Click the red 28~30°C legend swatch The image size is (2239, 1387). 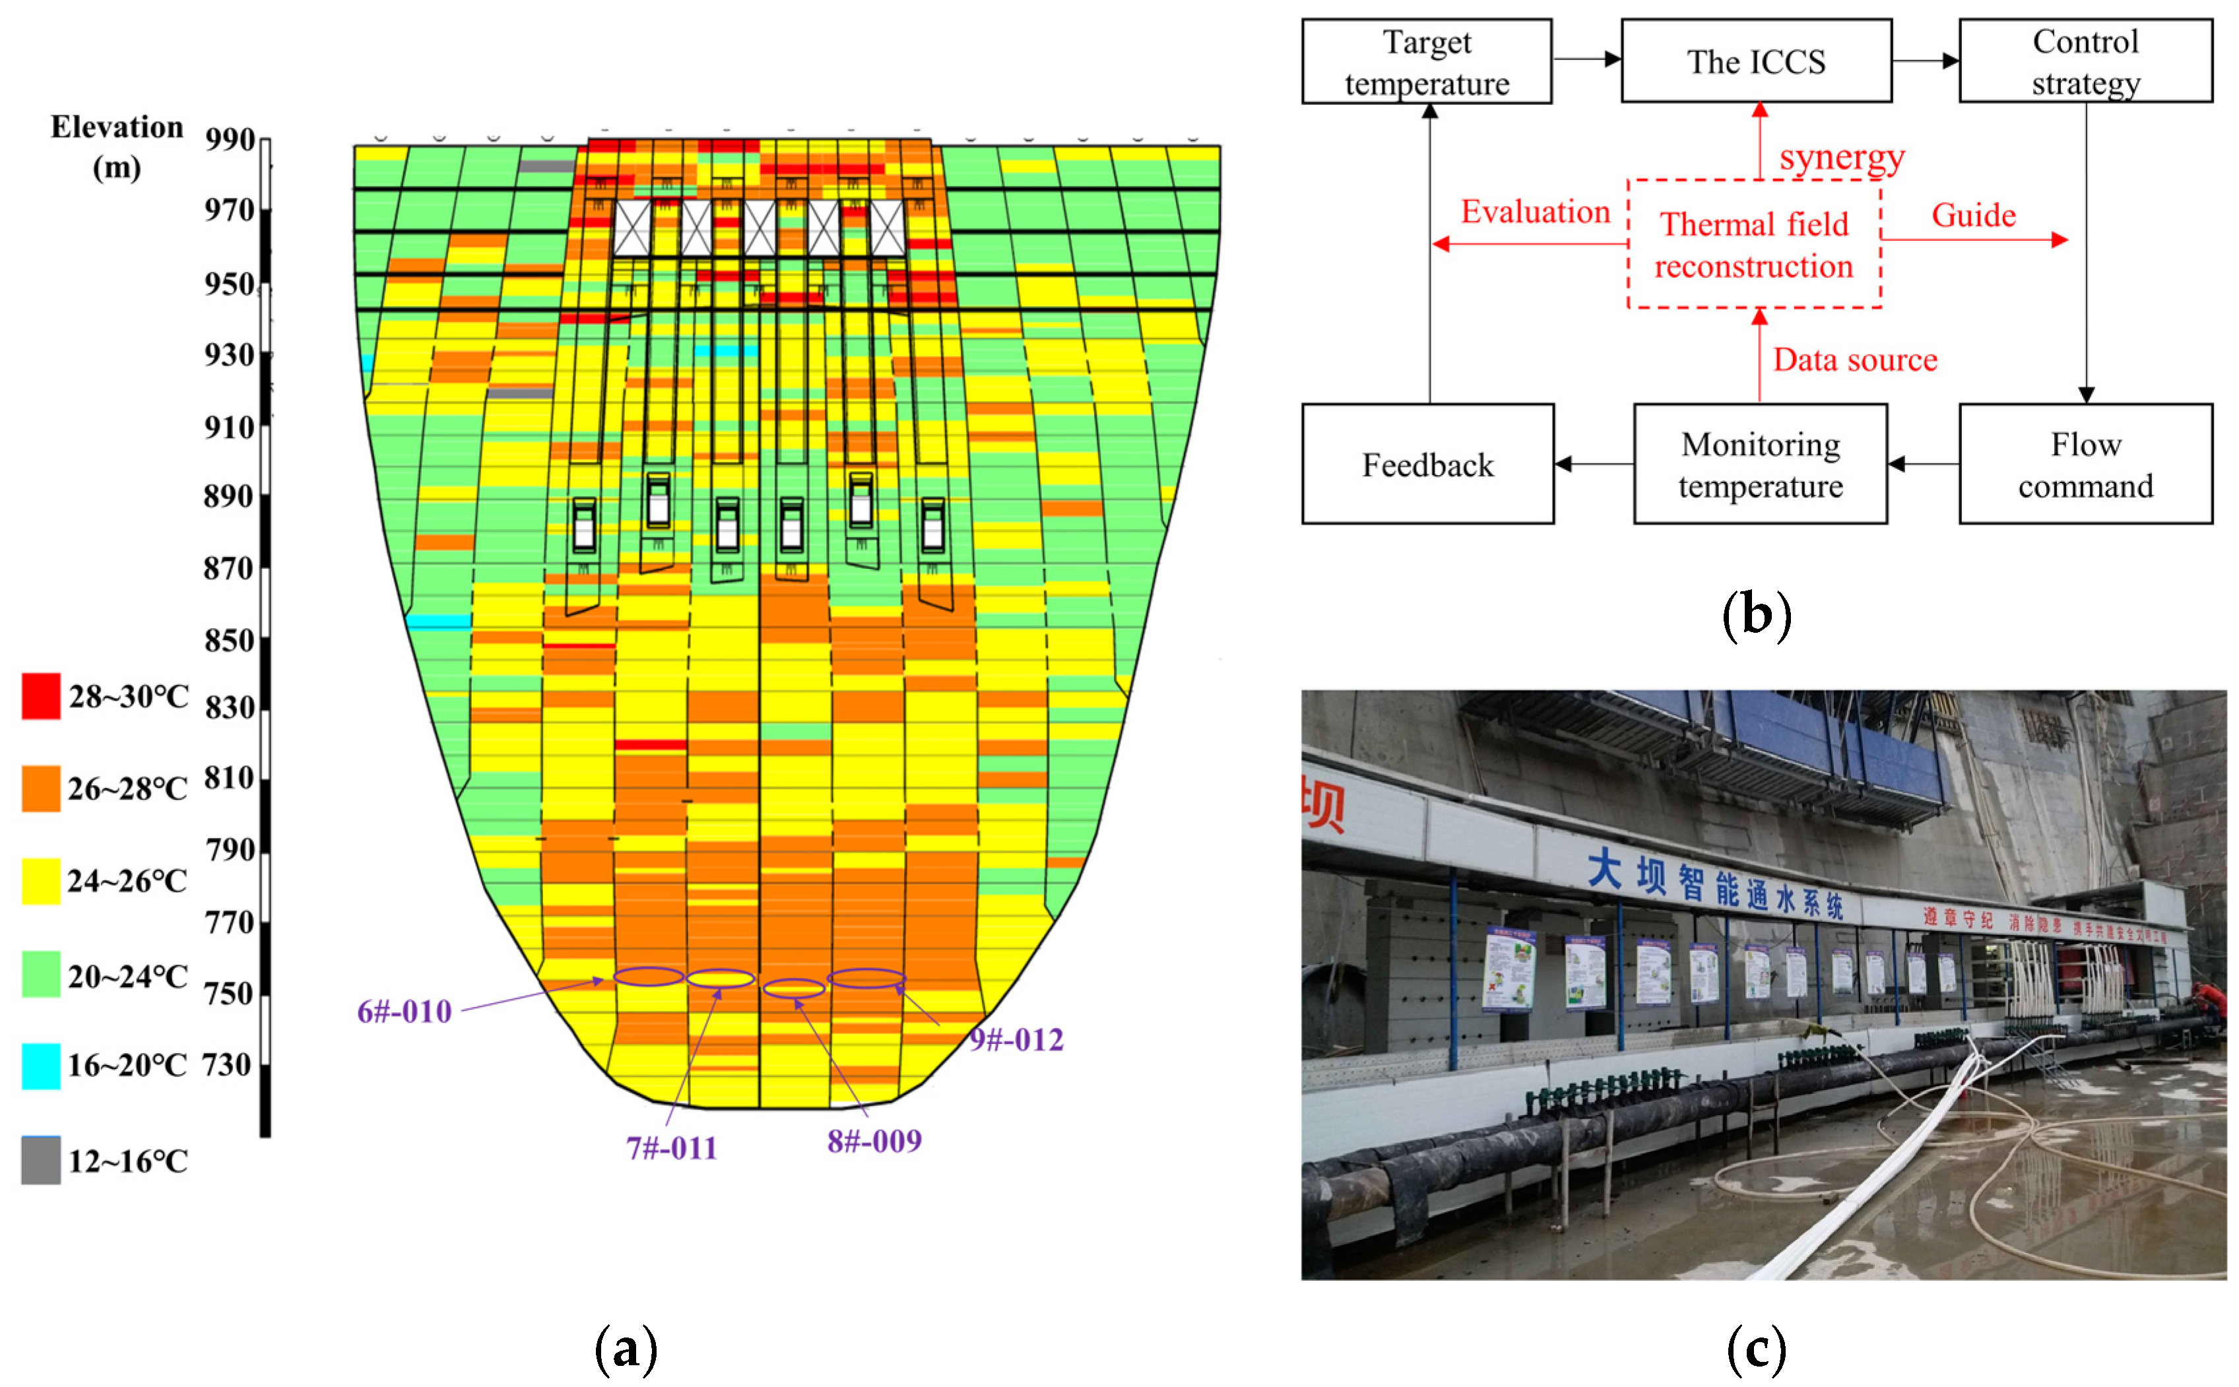[x=42, y=696]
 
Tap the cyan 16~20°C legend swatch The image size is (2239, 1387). [x=42, y=1066]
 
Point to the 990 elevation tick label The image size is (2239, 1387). [x=230, y=139]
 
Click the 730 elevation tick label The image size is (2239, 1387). [x=226, y=1065]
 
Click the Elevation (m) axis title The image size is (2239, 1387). [x=117, y=146]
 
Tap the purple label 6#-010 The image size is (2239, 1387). [x=405, y=1012]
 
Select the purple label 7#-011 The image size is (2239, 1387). [x=671, y=1147]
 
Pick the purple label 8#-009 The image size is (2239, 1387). [x=874, y=1141]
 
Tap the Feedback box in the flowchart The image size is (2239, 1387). [x=1427, y=464]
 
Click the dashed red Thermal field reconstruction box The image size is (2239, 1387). [x=1754, y=244]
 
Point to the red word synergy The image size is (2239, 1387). [x=1842, y=158]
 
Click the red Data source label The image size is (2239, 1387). [x=1855, y=360]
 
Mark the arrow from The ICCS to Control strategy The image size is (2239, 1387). [x=1924, y=61]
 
